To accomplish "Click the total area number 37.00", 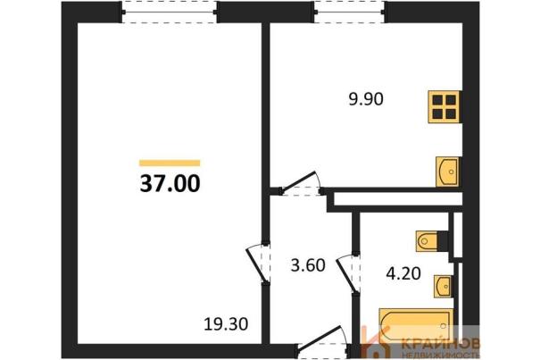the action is (170, 183).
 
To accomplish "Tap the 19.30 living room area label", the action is (226, 324).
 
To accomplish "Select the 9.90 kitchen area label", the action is (366, 99).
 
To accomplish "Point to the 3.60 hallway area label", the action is (308, 265).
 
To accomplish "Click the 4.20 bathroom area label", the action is (403, 273).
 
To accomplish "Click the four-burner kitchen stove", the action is (444, 106).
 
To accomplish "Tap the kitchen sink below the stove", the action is (447, 172).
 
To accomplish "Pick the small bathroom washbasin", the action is (443, 286).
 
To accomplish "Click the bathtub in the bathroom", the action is (416, 325).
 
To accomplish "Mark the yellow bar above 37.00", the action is (170, 163).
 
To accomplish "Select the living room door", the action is (258, 264).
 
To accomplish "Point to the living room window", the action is (170, 13).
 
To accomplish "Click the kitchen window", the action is (350, 13).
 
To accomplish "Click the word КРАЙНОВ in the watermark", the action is (441, 343).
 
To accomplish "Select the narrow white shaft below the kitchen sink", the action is (398, 199).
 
